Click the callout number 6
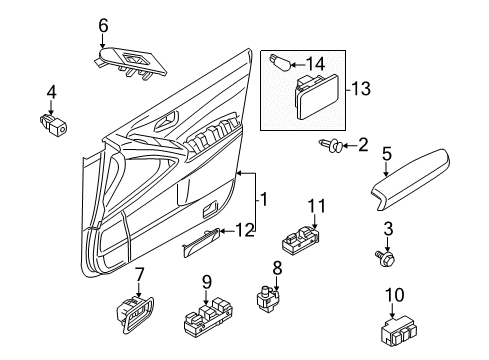pyautogui.click(x=103, y=26)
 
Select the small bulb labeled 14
pyautogui.click(x=280, y=63)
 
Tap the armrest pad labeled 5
pyautogui.click(x=411, y=179)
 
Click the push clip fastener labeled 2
pyautogui.click(x=330, y=146)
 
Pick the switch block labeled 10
pyautogui.click(x=399, y=330)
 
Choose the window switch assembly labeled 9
pyautogui.click(x=207, y=316)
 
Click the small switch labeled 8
pyautogui.click(x=267, y=298)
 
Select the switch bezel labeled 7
pyautogui.click(x=135, y=314)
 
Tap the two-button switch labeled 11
pyautogui.click(x=301, y=240)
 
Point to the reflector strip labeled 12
pyautogui.click(x=201, y=242)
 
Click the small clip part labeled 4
pyautogui.click(x=53, y=124)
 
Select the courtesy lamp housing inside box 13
pyautogui.click(x=316, y=96)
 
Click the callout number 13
pyautogui.click(x=361, y=89)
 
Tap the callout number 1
pyautogui.click(x=263, y=199)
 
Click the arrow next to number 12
pyautogui.click(x=227, y=231)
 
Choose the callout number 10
pyautogui.click(x=395, y=295)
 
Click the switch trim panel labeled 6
pyautogui.click(x=129, y=62)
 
